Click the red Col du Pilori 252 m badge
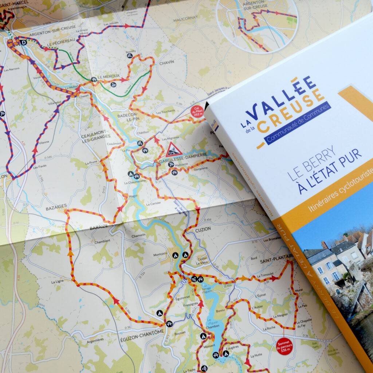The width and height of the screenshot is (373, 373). [x=197, y=111]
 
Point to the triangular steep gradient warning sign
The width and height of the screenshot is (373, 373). [x=174, y=150]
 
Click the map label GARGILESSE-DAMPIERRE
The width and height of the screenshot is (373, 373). [x=183, y=155]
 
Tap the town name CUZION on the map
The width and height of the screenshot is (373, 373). [x=203, y=229]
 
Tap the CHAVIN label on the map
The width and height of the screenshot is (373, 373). [x=166, y=63]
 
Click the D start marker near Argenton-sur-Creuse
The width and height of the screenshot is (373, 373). [x=24, y=42]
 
